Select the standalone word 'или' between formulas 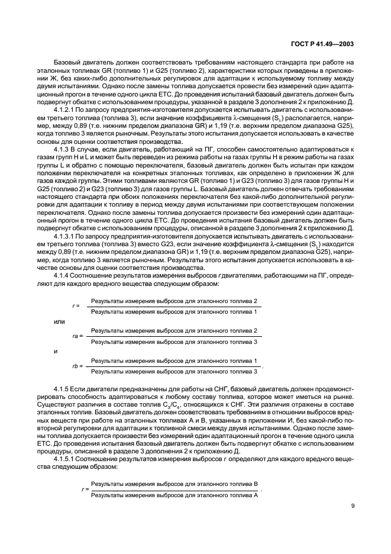tap(59, 321)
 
